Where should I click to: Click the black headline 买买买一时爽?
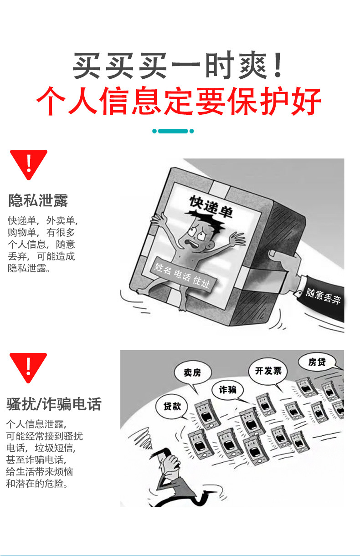pos(178,66)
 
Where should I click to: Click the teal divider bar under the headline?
pos(173,131)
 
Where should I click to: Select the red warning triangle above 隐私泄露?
pos(29,164)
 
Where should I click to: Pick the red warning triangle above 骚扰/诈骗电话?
pos(28,367)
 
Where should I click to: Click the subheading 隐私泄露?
pos(38,200)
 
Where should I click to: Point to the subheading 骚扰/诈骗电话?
pos(54,404)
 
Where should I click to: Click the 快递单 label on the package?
pos(211,207)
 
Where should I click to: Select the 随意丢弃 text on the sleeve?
pos(323,296)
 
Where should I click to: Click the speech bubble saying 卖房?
pos(193,373)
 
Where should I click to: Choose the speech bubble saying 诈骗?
pos(227,390)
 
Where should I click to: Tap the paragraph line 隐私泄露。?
pos(29,268)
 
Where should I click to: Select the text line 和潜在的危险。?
pos(37,484)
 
